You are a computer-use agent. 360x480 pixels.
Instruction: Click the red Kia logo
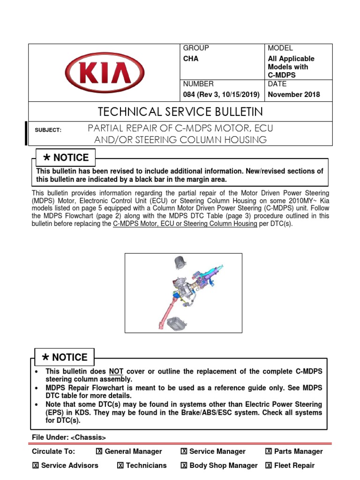coord(104,73)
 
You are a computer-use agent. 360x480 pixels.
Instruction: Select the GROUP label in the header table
coord(196,48)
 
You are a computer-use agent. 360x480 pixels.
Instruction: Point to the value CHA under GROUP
coord(190,59)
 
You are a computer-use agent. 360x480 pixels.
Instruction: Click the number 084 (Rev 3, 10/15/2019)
coord(221,94)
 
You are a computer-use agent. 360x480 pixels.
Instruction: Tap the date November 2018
coord(293,94)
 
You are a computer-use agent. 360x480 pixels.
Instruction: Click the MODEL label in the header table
coord(280,48)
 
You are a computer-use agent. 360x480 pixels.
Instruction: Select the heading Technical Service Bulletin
coord(180,112)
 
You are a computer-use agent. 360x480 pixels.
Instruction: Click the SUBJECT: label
coord(48,130)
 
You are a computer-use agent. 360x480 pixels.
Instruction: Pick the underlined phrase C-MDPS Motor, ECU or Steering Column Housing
coord(185,224)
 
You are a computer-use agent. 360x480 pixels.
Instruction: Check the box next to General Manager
coord(99,451)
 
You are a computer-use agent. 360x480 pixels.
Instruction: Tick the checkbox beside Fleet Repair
coord(269,465)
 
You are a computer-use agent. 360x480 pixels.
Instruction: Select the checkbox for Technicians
coord(120,465)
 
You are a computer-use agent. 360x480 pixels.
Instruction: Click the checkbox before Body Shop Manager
coord(184,465)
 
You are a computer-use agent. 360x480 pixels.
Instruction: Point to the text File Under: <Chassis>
coord(69,437)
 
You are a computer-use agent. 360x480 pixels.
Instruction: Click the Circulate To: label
coord(53,451)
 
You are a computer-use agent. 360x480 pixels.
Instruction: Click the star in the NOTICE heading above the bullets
coord(45,358)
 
